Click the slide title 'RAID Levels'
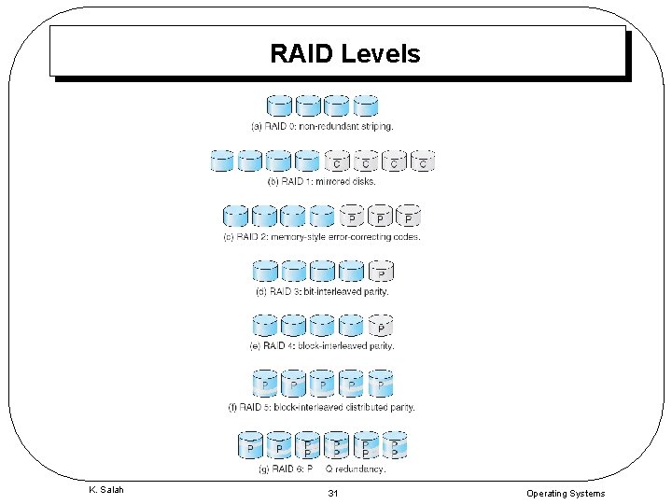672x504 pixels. (344, 54)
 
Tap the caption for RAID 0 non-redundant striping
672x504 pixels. (322, 125)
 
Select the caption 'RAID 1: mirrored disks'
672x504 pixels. (322, 181)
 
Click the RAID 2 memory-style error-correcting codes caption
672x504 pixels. (322, 237)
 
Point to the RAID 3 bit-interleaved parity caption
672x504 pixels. (322, 291)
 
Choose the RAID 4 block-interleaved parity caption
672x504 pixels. (322, 345)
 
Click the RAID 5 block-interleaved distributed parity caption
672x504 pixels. (322, 407)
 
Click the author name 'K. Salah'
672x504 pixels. (105, 491)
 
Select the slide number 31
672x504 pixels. (333, 493)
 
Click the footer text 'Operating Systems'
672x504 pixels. (565, 493)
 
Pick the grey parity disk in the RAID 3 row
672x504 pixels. (380, 272)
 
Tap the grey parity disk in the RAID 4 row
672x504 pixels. (380, 327)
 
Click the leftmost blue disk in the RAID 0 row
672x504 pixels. (279, 105)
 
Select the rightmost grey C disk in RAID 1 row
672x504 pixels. (423, 161)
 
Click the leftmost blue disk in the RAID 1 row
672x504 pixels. (221, 161)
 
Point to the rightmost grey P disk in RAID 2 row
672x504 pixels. (409, 216)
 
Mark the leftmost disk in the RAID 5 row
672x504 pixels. (265, 384)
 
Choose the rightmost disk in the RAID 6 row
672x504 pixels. (395, 444)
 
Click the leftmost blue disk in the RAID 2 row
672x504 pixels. (235, 216)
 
